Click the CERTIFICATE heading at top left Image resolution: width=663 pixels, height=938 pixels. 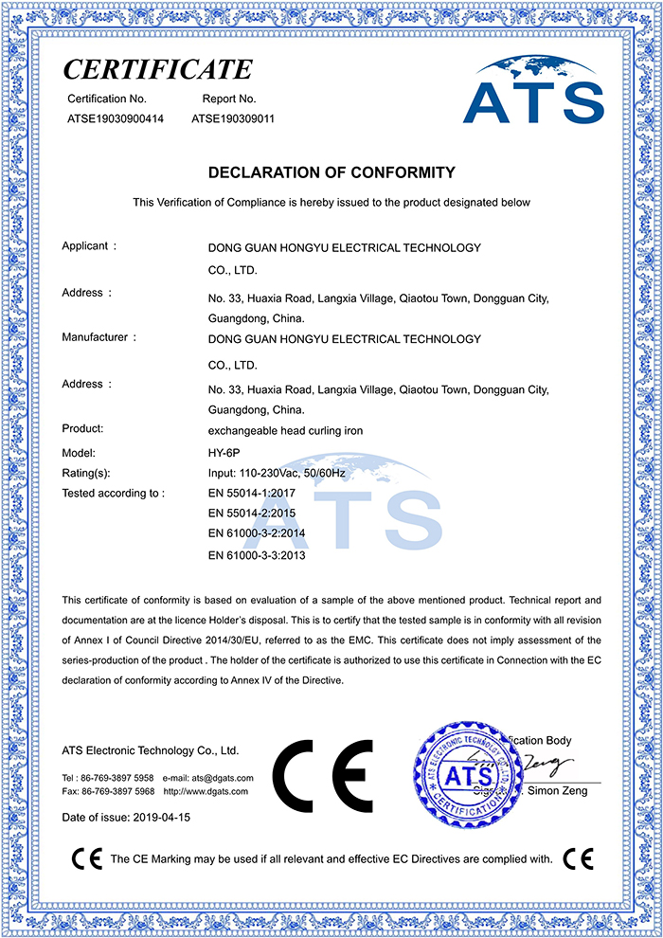(x=157, y=69)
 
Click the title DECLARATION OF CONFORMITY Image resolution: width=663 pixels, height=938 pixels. (x=331, y=172)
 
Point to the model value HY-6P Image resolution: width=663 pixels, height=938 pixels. (x=222, y=453)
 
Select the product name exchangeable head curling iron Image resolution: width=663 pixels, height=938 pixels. (x=285, y=430)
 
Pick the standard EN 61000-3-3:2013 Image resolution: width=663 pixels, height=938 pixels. (x=257, y=555)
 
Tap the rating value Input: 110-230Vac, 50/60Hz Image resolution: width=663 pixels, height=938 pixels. (x=290, y=473)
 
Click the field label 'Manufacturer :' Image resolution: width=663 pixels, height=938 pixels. (x=99, y=337)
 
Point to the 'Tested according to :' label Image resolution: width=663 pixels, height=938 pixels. (x=113, y=494)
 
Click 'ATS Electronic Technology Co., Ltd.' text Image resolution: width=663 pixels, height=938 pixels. (x=150, y=750)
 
